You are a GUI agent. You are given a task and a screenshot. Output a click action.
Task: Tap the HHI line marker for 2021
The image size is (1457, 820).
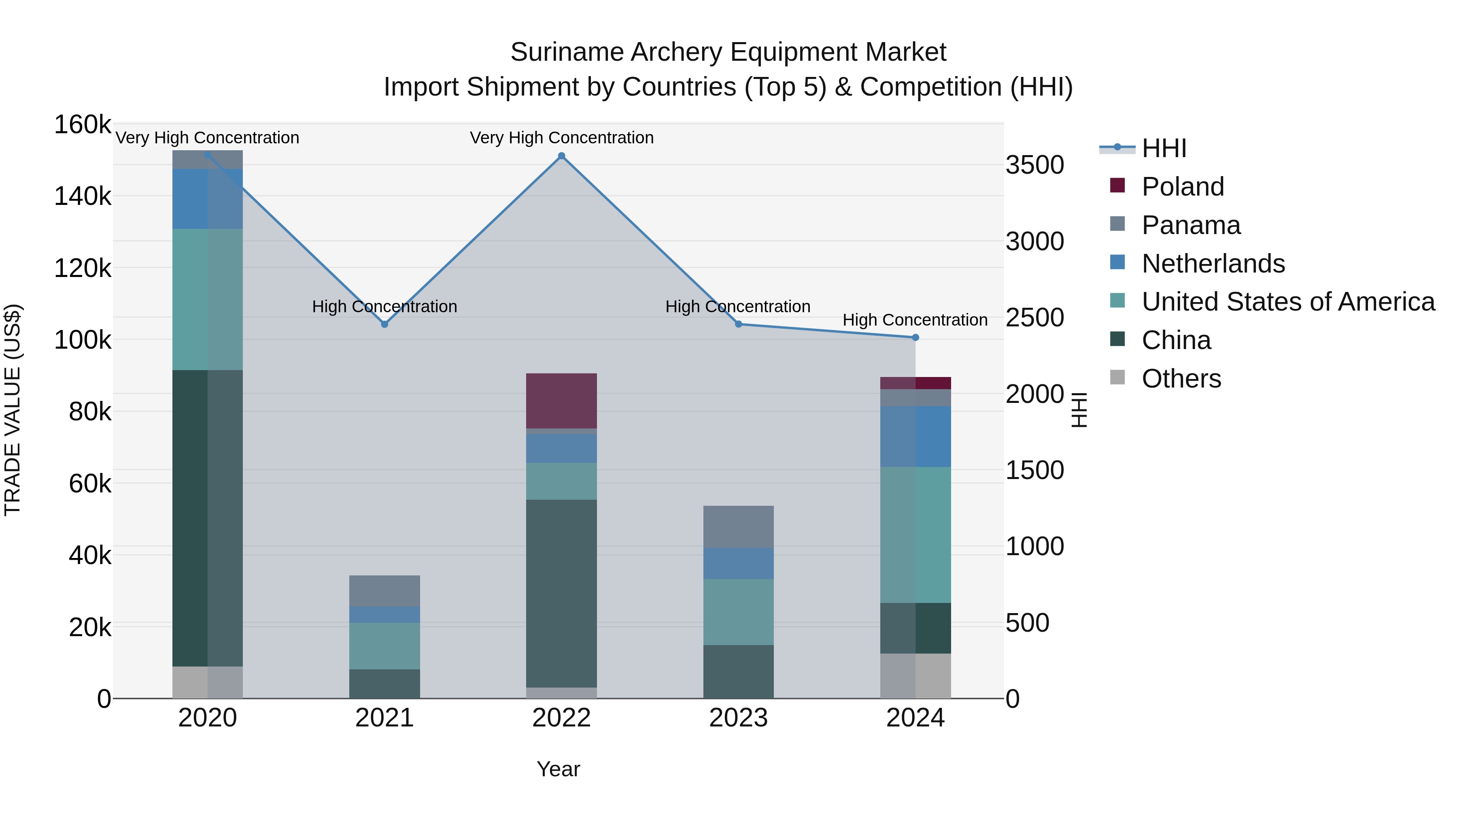[x=384, y=324]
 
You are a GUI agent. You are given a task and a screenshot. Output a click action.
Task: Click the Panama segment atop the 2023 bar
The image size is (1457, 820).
[x=738, y=526]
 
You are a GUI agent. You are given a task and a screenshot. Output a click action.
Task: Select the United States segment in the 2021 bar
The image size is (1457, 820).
[x=384, y=646]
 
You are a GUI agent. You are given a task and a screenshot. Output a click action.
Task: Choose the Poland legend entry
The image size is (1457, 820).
[x=1182, y=187]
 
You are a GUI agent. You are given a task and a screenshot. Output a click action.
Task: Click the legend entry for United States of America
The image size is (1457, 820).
[x=1288, y=302]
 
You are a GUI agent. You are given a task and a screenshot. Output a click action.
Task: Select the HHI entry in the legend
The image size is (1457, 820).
[x=1164, y=148]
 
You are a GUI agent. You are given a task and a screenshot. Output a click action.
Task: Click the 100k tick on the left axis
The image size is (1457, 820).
[x=83, y=340]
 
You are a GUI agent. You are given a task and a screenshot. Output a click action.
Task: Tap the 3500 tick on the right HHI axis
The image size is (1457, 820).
[x=1034, y=165]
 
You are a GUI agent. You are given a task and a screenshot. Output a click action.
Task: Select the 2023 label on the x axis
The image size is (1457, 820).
[x=738, y=718]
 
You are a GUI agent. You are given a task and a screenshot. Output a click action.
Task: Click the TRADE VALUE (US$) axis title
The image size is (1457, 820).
[x=13, y=410]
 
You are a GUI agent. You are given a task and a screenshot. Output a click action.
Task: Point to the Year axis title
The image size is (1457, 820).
[x=558, y=769]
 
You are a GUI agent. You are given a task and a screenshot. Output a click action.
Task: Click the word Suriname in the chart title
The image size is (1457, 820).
[x=567, y=52]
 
